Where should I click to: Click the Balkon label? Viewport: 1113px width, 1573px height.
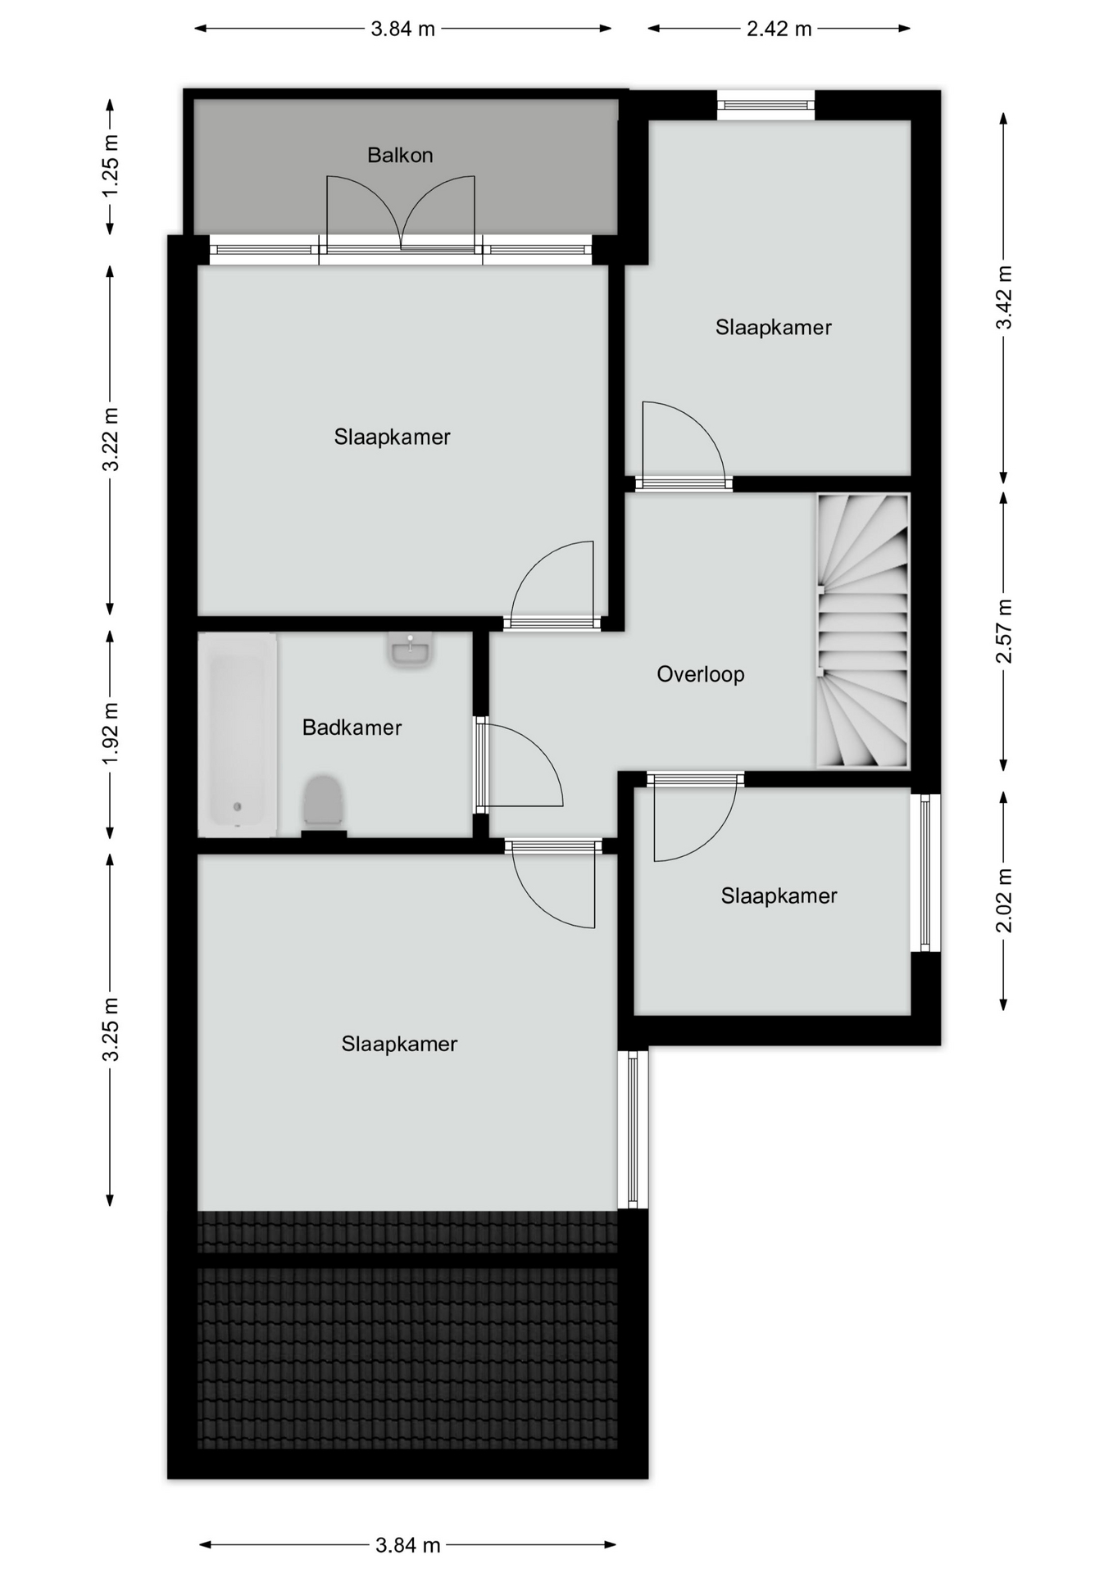pos(400,155)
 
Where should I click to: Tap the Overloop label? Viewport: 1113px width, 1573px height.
pos(701,674)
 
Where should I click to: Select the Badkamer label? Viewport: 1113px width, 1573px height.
pos(352,728)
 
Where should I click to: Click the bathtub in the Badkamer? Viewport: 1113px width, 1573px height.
pos(238,735)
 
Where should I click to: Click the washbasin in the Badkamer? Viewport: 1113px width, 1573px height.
pos(410,651)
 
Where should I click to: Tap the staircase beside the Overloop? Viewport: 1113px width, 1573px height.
pos(863,631)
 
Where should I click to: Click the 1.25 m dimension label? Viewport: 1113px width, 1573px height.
pos(110,166)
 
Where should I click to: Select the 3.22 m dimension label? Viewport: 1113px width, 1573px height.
pos(110,439)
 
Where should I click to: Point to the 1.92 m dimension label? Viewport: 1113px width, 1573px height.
pos(110,733)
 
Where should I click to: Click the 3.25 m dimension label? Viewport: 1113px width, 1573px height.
pos(110,1029)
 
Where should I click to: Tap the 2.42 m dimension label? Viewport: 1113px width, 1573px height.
pos(779,29)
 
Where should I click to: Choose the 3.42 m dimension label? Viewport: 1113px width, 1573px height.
pos(1004,297)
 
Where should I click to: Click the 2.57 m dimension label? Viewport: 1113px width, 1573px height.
pos(1004,631)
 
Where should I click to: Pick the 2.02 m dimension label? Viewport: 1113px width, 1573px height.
pos(1004,900)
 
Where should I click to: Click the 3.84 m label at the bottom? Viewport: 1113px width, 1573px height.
pos(407,1545)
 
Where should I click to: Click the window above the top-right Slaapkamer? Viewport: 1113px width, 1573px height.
pos(766,105)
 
